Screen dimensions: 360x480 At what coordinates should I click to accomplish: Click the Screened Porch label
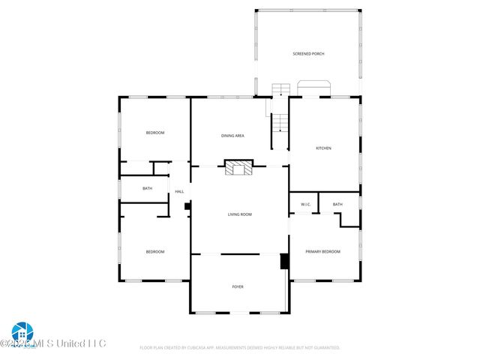[x=308, y=54]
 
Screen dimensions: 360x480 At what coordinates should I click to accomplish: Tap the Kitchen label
[x=323, y=148]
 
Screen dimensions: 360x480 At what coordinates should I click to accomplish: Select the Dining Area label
[x=232, y=136]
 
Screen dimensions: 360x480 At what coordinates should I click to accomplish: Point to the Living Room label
[x=240, y=214]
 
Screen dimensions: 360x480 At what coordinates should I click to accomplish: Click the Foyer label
[x=237, y=286]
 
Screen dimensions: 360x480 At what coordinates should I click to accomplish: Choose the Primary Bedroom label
[x=322, y=252]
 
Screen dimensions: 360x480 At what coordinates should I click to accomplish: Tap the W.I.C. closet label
[x=305, y=204]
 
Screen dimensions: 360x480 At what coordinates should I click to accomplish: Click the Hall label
[x=179, y=192]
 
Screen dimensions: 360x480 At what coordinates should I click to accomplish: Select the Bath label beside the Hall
[x=147, y=188]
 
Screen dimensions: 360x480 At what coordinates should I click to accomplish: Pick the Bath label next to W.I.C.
[x=337, y=204]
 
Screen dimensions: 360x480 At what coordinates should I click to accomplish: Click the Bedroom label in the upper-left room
[x=154, y=133]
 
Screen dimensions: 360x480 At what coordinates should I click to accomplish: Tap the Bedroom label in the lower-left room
[x=154, y=252]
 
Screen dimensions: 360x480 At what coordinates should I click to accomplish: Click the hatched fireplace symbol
[x=240, y=167]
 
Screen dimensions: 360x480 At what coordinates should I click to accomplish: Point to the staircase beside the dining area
[x=280, y=123]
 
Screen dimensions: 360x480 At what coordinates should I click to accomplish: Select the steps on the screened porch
[x=280, y=89]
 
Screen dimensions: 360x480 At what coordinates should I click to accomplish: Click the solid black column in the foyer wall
[x=284, y=261]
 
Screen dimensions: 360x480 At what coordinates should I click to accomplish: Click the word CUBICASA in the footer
[x=204, y=348]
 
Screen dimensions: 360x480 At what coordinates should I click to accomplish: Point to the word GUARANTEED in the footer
[x=322, y=348]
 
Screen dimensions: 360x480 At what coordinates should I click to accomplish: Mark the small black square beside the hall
[x=187, y=205]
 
